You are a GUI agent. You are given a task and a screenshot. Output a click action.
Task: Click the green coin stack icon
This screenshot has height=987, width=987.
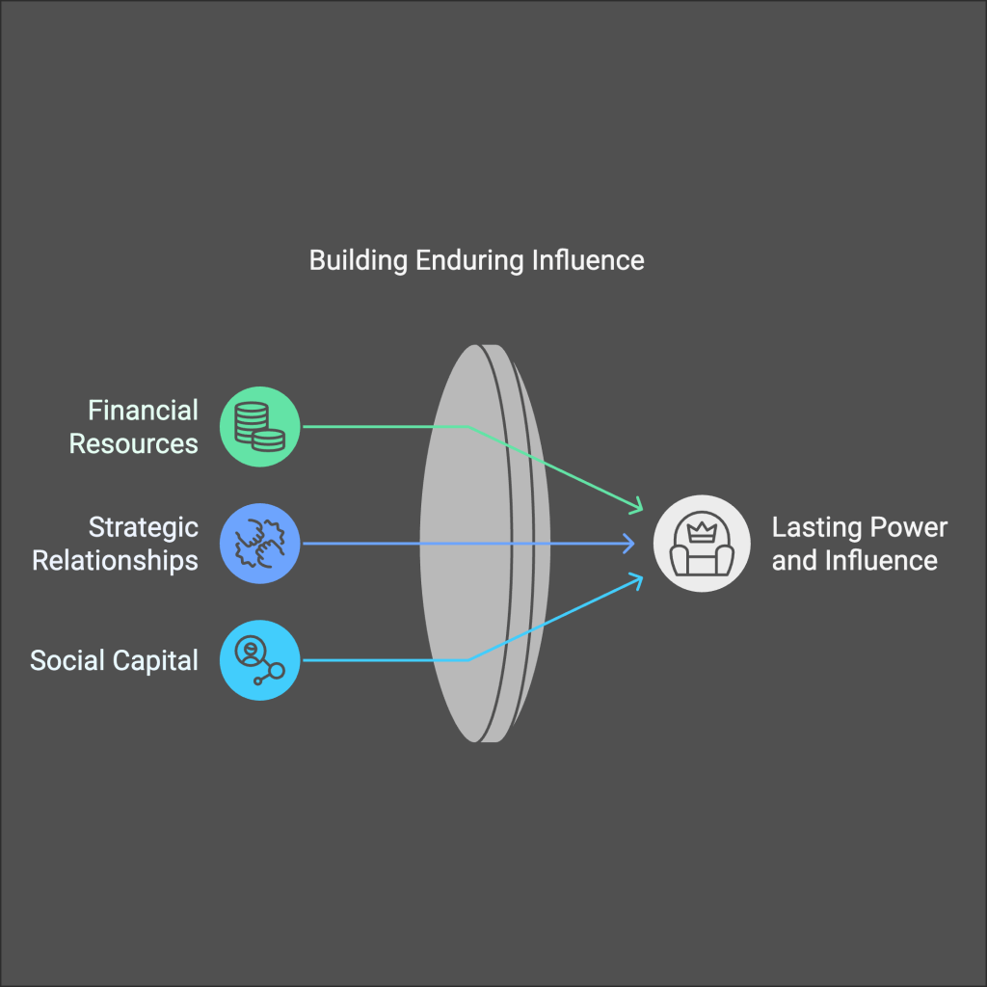click(x=260, y=426)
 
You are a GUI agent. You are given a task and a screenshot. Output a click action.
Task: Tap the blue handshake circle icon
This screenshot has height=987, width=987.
click(x=260, y=544)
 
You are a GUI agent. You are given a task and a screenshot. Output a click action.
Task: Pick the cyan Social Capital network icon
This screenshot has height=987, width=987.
click(x=260, y=659)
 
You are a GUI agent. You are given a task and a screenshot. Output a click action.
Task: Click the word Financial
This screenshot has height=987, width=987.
click(x=143, y=411)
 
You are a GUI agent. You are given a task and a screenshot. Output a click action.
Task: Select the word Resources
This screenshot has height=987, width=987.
click(x=134, y=443)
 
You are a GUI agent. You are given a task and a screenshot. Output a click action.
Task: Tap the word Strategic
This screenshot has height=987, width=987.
click(x=143, y=527)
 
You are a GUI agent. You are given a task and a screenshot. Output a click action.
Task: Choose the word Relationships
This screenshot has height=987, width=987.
click(x=116, y=560)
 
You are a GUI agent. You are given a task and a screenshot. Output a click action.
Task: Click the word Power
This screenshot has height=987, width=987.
click(x=909, y=527)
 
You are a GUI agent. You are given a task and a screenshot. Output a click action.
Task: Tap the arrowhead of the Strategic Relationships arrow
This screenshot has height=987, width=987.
click(x=628, y=544)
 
